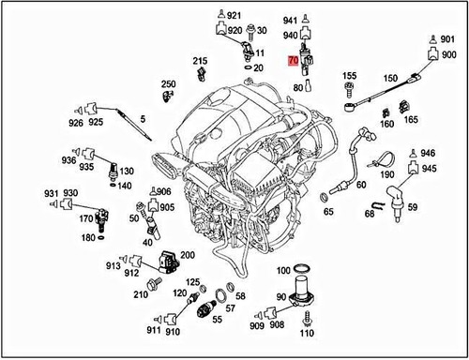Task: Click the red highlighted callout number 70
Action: click(x=295, y=61)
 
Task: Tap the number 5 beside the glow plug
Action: click(x=143, y=119)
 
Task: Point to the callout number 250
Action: click(x=169, y=84)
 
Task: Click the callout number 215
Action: click(x=200, y=62)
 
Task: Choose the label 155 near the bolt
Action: click(x=349, y=75)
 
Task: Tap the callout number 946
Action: click(x=428, y=153)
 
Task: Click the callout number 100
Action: click(x=283, y=271)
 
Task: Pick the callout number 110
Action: click(x=306, y=333)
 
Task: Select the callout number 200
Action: click(x=188, y=255)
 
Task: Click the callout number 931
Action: click(x=52, y=191)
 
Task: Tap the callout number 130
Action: click(x=127, y=172)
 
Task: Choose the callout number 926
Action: click(x=74, y=123)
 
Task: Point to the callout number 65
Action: click(x=328, y=212)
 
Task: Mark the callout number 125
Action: click(x=192, y=282)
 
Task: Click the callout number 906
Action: click(x=164, y=192)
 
